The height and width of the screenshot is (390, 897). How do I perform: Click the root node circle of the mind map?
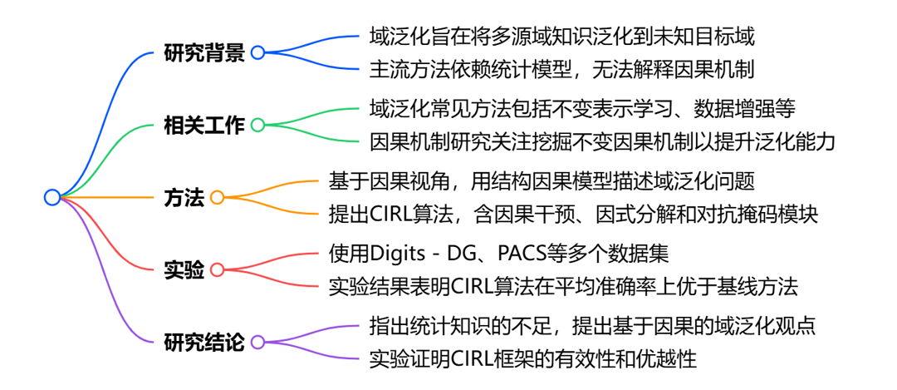[51, 197]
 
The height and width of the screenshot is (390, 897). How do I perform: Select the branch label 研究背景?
[204, 53]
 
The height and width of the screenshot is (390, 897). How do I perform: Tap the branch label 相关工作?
[204, 126]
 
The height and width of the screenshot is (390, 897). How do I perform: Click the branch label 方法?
[184, 198]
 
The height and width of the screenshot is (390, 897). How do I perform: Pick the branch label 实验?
[184, 269]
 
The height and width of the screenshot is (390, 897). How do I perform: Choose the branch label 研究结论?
[204, 342]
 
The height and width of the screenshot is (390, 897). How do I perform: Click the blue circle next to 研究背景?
[257, 53]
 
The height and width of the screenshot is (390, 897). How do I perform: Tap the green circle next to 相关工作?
[257, 126]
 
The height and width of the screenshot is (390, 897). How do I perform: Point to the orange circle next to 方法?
[218, 198]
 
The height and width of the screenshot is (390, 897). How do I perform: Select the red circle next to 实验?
[218, 269]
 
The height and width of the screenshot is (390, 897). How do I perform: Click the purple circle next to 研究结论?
[257, 342]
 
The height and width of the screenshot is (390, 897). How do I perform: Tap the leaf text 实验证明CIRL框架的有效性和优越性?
[532, 359]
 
